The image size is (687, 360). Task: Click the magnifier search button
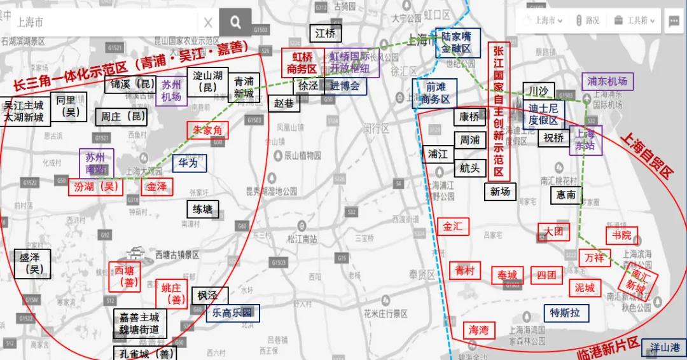pyautogui.click(x=235, y=23)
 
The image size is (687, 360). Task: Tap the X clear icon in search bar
pyautogui.click(x=208, y=23)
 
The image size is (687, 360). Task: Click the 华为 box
pyautogui.click(x=188, y=163)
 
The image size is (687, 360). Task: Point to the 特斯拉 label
pyautogui.click(x=566, y=313)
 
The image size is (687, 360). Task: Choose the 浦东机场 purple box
pyautogui.click(x=607, y=81)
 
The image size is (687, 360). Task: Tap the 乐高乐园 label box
pyautogui.click(x=232, y=313)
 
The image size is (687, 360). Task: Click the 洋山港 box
pyautogui.click(x=665, y=348)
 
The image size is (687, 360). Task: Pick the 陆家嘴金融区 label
pyautogui.click(x=457, y=43)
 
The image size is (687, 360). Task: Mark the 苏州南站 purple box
pyautogui.click(x=96, y=163)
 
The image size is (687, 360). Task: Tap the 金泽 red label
pyautogui.click(x=156, y=187)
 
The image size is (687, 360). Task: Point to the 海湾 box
pyautogui.click(x=479, y=330)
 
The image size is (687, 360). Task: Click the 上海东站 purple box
pyautogui.click(x=585, y=140)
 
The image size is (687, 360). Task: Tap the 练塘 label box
pyautogui.click(x=204, y=209)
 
